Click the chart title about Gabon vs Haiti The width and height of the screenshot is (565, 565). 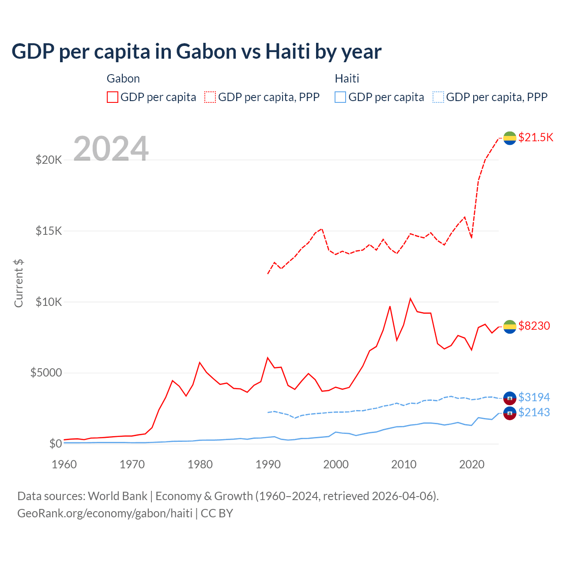196,52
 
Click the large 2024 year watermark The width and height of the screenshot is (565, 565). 111,149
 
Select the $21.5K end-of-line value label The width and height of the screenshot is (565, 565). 535,137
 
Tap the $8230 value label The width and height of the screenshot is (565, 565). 534,326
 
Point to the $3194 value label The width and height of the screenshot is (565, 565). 534,397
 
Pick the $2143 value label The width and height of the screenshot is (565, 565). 534,412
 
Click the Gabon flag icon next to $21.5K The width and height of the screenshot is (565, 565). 510,138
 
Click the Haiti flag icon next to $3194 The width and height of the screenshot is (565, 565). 510,398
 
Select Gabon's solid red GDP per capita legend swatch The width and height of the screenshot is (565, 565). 113,97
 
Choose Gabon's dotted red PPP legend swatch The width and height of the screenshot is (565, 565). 210,97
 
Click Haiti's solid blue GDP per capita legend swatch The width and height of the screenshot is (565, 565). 340,97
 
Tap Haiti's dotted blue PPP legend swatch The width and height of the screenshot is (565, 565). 438,97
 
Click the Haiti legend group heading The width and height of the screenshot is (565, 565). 347,79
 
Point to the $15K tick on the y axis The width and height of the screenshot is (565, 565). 49,231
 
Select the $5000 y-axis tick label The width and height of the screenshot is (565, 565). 46,373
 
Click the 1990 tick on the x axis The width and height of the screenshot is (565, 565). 268,464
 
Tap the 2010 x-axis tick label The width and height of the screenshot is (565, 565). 404,464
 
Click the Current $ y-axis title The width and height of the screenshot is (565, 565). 19,283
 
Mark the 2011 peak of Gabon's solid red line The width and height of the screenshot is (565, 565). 411,299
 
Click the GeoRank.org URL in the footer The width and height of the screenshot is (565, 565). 105,513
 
